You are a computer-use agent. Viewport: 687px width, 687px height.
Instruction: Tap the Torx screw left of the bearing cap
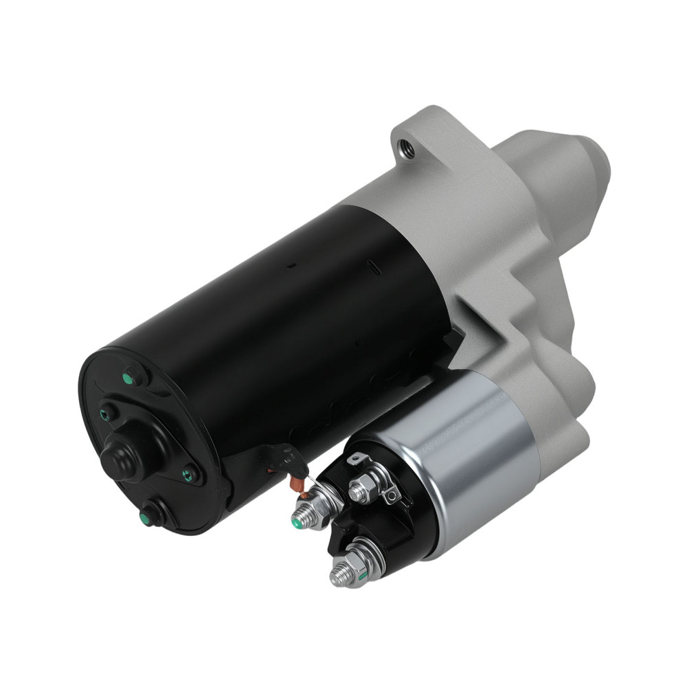tap(108, 412)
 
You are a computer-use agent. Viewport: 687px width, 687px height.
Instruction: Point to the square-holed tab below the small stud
tap(390, 493)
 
